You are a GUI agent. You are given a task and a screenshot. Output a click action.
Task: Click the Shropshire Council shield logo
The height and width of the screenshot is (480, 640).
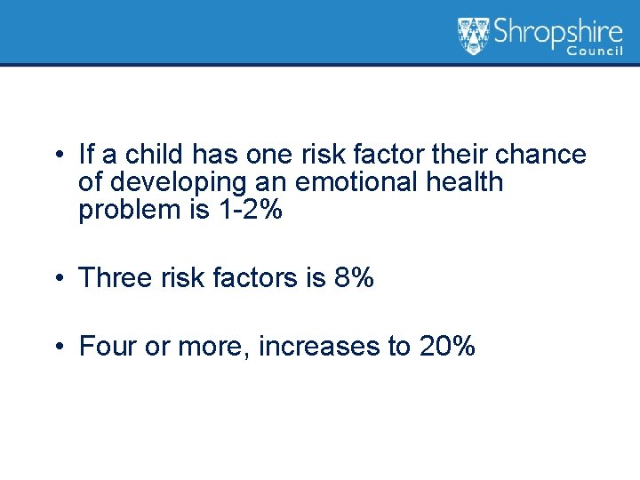point(473,36)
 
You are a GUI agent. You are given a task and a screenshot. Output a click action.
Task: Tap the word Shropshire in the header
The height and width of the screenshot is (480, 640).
point(557,33)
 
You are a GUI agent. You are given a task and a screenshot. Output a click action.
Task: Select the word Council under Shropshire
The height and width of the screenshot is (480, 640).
point(601,52)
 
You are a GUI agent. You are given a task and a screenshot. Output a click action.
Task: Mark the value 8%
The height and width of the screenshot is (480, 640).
point(354,278)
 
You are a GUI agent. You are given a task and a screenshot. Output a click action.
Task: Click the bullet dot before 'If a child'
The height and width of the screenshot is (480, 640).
point(56,156)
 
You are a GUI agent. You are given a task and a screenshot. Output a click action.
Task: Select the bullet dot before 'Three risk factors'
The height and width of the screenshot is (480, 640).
point(56,279)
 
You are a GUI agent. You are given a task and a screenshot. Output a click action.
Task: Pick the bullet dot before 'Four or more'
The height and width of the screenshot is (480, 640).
point(56,347)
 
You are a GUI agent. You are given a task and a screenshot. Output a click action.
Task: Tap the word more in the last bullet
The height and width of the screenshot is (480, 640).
point(213,346)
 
